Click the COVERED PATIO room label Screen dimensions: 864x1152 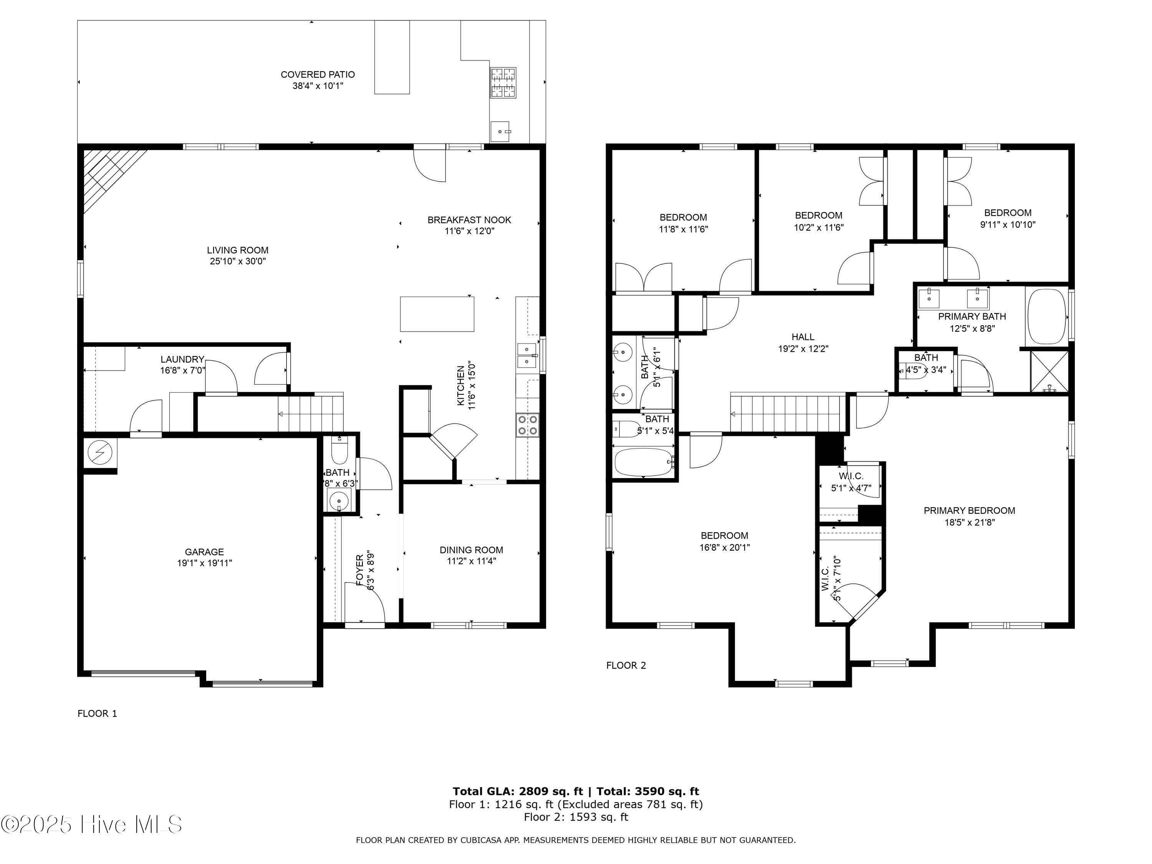coord(317,74)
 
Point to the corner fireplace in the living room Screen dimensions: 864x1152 coord(107,172)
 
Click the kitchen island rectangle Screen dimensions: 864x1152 coord(437,314)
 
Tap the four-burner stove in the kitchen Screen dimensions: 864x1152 coord(527,424)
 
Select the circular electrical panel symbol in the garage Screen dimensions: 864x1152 coord(99,453)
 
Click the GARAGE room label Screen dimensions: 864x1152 coord(204,551)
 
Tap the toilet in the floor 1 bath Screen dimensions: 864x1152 coord(339,451)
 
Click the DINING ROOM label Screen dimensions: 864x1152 coord(471,550)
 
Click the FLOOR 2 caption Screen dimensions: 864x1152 coord(626,665)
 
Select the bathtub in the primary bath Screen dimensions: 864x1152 coord(1047,316)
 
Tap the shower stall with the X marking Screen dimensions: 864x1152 coord(1049,371)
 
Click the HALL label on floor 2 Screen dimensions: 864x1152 coord(803,337)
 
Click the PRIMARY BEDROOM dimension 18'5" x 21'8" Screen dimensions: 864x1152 coord(969,522)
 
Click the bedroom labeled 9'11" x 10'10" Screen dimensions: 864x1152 coord(1007,219)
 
